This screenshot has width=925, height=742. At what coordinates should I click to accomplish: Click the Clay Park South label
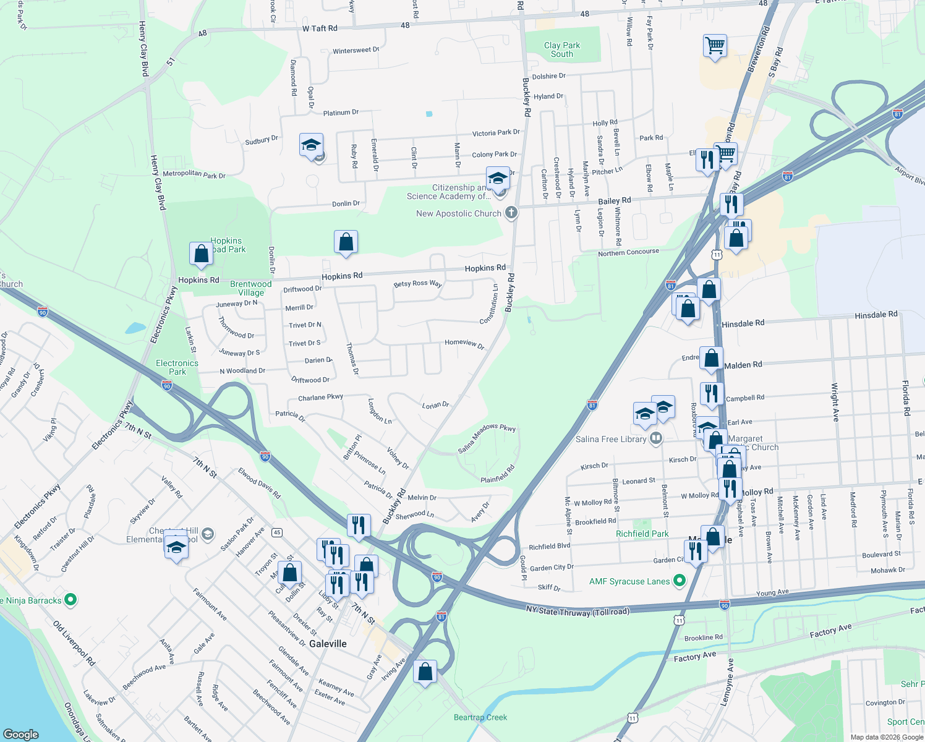(562, 49)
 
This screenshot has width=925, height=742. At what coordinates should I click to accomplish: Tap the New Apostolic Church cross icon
(511, 213)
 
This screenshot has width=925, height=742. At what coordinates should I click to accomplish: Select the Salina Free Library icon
(656, 439)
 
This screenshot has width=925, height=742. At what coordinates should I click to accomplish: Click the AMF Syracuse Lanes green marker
(680, 581)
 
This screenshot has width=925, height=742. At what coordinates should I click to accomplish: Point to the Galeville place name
(328, 644)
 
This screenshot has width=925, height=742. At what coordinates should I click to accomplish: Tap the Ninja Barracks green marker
(70, 600)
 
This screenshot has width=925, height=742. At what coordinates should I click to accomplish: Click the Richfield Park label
(642, 534)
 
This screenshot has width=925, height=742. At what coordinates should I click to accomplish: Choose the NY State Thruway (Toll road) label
(578, 610)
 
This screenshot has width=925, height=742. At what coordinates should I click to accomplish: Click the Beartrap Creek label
(480, 717)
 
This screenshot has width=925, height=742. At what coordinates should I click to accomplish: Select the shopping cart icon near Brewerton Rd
(715, 45)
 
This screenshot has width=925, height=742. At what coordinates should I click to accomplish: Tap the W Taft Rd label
(320, 28)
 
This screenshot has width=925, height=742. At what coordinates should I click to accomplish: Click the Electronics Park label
(177, 367)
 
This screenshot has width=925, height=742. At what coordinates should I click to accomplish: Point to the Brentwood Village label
(250, 288)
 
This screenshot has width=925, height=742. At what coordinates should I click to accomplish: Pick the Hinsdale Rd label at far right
(876, 315)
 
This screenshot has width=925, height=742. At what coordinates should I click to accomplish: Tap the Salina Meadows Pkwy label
(487, 438)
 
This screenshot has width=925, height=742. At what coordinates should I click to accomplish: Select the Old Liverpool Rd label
(74, 643)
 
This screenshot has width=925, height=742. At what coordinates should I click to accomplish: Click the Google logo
(21, 734)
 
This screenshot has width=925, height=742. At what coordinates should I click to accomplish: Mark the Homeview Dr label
(464, 343)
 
